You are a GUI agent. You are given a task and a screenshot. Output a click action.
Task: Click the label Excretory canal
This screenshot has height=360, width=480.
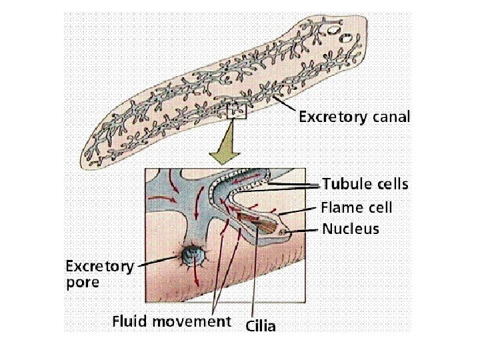tap(354, 118)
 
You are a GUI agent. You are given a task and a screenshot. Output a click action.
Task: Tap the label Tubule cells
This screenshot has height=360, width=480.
tap(365, 183)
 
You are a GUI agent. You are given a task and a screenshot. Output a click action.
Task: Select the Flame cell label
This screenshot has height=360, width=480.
tap(356, 207)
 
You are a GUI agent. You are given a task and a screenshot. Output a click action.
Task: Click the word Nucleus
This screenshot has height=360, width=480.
tap(351, 229)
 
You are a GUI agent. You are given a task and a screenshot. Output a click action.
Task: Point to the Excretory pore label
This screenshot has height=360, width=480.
tap(99, 274)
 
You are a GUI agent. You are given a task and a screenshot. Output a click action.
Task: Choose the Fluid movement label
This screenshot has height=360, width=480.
tap(171, 321)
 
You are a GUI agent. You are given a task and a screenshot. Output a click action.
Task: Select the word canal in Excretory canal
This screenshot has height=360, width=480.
tap(391, 118)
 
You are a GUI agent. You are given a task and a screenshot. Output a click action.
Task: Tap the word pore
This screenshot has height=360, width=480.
tap(82, 283)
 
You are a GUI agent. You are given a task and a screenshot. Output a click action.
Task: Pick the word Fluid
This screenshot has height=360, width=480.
tap(131, 321)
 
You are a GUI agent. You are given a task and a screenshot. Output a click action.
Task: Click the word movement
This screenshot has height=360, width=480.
tap(193, 321)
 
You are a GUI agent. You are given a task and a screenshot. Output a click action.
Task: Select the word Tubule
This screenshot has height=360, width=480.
tap(345, 183)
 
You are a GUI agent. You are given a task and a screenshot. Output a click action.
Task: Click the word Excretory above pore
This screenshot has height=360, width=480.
tap(99, 267)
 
